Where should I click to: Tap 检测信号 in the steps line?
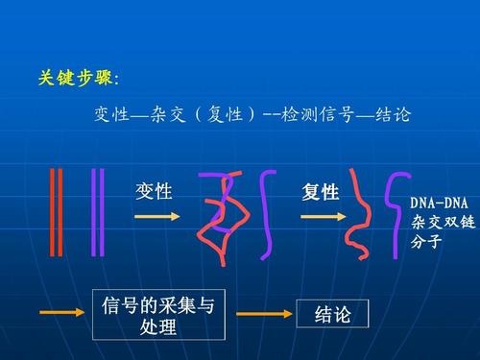point(313,116)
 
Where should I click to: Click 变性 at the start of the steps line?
point(111,116)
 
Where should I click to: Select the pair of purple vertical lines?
point(95,212)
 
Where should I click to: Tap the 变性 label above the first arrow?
point(155,192)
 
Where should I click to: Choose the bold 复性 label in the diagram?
point(321,193)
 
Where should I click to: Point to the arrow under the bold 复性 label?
point(324,218)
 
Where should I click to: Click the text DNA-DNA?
point(439,204)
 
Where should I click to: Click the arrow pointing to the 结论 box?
point(262,314)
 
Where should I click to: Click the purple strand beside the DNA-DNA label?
point(393,216)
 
